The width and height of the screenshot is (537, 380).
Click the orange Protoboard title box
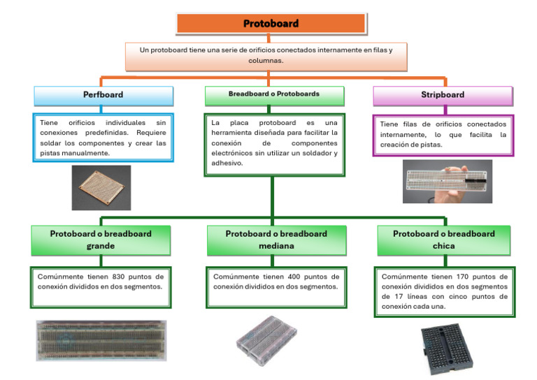click(271, 23)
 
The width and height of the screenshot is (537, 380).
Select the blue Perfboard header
click(103, 95)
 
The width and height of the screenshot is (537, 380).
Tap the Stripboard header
click(443, 95)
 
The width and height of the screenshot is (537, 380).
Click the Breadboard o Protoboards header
click(274, 94)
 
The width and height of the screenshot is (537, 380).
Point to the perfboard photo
click(101, 187)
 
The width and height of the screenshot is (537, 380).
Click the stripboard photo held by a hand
click(447, 181)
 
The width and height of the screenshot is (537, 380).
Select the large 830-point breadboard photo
click(101, 340)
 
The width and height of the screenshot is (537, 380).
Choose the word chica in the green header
click(443, 246)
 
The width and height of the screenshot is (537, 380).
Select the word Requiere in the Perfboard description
click(153, 131)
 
